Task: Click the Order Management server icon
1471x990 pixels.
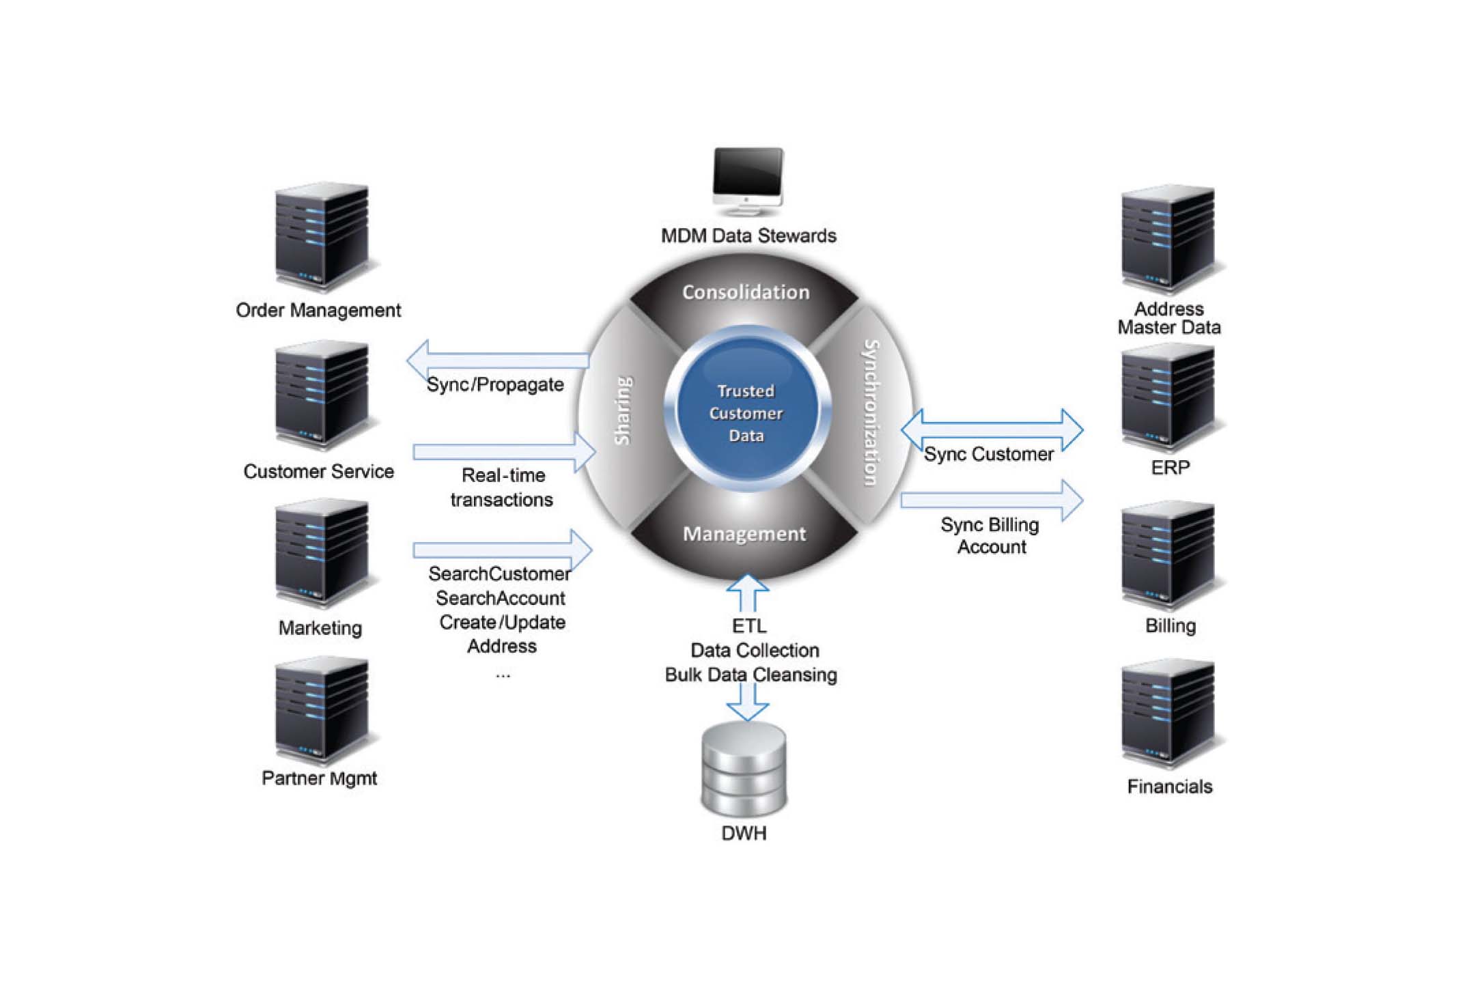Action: click(322, 236)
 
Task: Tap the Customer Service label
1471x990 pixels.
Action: click(318, 471)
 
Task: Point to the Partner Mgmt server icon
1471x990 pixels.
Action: click(322, 709)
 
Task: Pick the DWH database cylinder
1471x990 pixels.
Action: click(744, 769)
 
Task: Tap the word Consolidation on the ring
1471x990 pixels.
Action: click(745, 292)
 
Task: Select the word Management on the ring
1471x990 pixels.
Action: click(744, 533)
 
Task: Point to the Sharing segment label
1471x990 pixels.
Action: click(622, 411)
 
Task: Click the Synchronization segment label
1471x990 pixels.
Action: click(870, 413)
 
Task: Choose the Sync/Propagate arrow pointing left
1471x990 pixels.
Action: click(497, 360)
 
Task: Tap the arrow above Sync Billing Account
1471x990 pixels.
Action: click(992, 500)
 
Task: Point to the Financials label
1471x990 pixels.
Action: click(1169, 787)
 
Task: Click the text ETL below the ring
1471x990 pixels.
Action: click(748, 625)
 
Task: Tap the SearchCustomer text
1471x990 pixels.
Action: click(499, 574)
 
